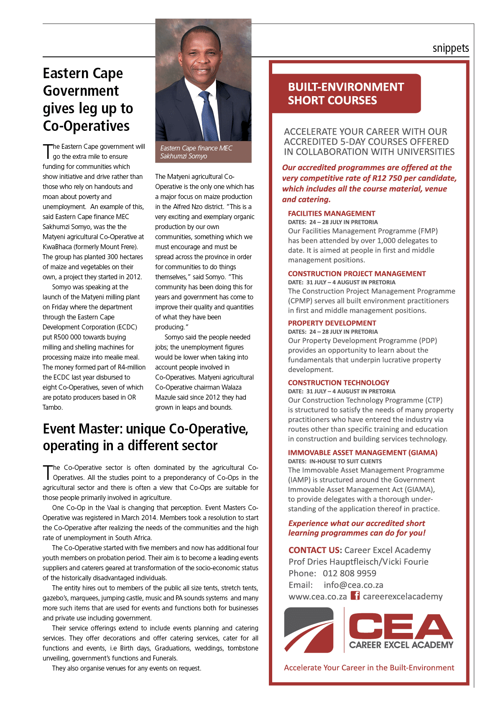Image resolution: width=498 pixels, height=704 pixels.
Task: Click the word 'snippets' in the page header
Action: coord(450,48)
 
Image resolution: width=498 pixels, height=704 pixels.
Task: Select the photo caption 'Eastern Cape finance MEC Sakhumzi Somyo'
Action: coord(196,152)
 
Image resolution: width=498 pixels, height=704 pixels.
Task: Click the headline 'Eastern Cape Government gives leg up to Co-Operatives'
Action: coord(88,99)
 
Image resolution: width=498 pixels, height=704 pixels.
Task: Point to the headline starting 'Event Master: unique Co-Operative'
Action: coord(146,437)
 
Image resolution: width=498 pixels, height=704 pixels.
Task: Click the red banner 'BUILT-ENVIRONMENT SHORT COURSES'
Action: coord(346,94)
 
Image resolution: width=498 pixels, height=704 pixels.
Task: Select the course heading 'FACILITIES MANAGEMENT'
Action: coord(331,214)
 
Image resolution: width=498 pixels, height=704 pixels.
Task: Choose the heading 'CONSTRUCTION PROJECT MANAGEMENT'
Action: coord(357,274)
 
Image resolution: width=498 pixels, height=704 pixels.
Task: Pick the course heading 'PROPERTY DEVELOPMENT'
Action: coord(332,323)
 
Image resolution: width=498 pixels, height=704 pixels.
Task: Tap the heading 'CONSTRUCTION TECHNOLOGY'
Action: coord(338,383)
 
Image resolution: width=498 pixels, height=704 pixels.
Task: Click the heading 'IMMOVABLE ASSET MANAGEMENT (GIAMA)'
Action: coord(363,453)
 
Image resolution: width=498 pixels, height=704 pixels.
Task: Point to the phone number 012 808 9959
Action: coord(349,574)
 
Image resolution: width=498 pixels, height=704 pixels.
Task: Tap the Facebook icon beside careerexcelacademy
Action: coord(355,596)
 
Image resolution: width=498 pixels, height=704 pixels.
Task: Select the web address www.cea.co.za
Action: coord(318,597)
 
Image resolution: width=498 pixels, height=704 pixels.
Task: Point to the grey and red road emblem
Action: coord(309,630)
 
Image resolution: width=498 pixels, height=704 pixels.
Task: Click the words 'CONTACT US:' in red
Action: coord(315,550)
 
